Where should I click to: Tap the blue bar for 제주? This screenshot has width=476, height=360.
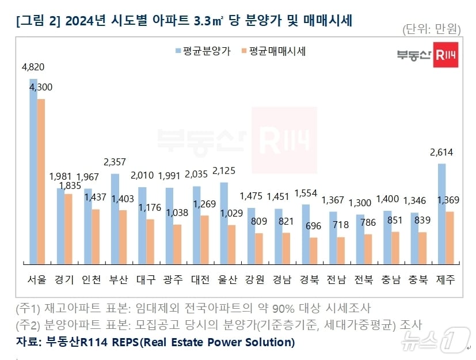point(441,214)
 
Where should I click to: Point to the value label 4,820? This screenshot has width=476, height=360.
point(33,67)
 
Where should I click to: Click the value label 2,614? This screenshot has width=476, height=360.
point(441,153)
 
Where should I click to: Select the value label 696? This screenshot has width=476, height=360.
point(314,226)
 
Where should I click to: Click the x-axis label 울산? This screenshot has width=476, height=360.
point(227,280)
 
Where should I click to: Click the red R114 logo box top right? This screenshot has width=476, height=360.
point(445,55)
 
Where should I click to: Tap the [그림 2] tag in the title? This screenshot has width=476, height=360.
point(38,21)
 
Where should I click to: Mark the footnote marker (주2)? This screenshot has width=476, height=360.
point(29,324)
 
